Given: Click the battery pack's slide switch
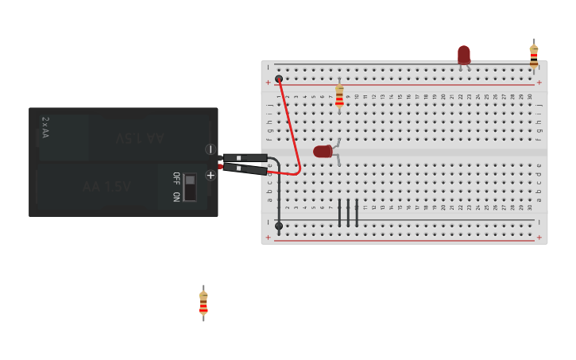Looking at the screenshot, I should tap(190, 188).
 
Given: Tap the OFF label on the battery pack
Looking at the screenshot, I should tap(176, 176).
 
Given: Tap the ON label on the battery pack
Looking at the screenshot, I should tap(176, 195).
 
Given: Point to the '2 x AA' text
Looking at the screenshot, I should tap(45, 127).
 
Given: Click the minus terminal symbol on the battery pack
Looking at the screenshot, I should tap(211, 149).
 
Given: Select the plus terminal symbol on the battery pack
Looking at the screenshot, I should tap(211, 175).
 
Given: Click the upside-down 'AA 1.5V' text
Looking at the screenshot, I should tap(140, 137).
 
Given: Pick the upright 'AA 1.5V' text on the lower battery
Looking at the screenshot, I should tap(106, 187).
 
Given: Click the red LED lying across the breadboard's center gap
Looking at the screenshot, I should tap(323, 151).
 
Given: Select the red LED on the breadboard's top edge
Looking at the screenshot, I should tap(464, 55).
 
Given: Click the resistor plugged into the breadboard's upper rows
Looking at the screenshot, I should tap(339, 96).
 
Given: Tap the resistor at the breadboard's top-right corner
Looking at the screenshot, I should tap(534, 55).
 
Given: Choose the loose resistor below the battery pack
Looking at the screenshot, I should tap(203, 303).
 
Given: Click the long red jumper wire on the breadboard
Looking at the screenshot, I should tap(291, 127).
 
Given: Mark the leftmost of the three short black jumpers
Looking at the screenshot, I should tap(339, 212).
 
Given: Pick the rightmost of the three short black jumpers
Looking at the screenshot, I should tap(357, 212).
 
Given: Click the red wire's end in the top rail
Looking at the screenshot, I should tap(279, 79).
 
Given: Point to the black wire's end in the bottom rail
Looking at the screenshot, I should tap(279, 226).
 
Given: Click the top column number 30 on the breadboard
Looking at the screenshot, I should tap(530, 97).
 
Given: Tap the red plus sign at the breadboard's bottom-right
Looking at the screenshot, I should tap(539, 237).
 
